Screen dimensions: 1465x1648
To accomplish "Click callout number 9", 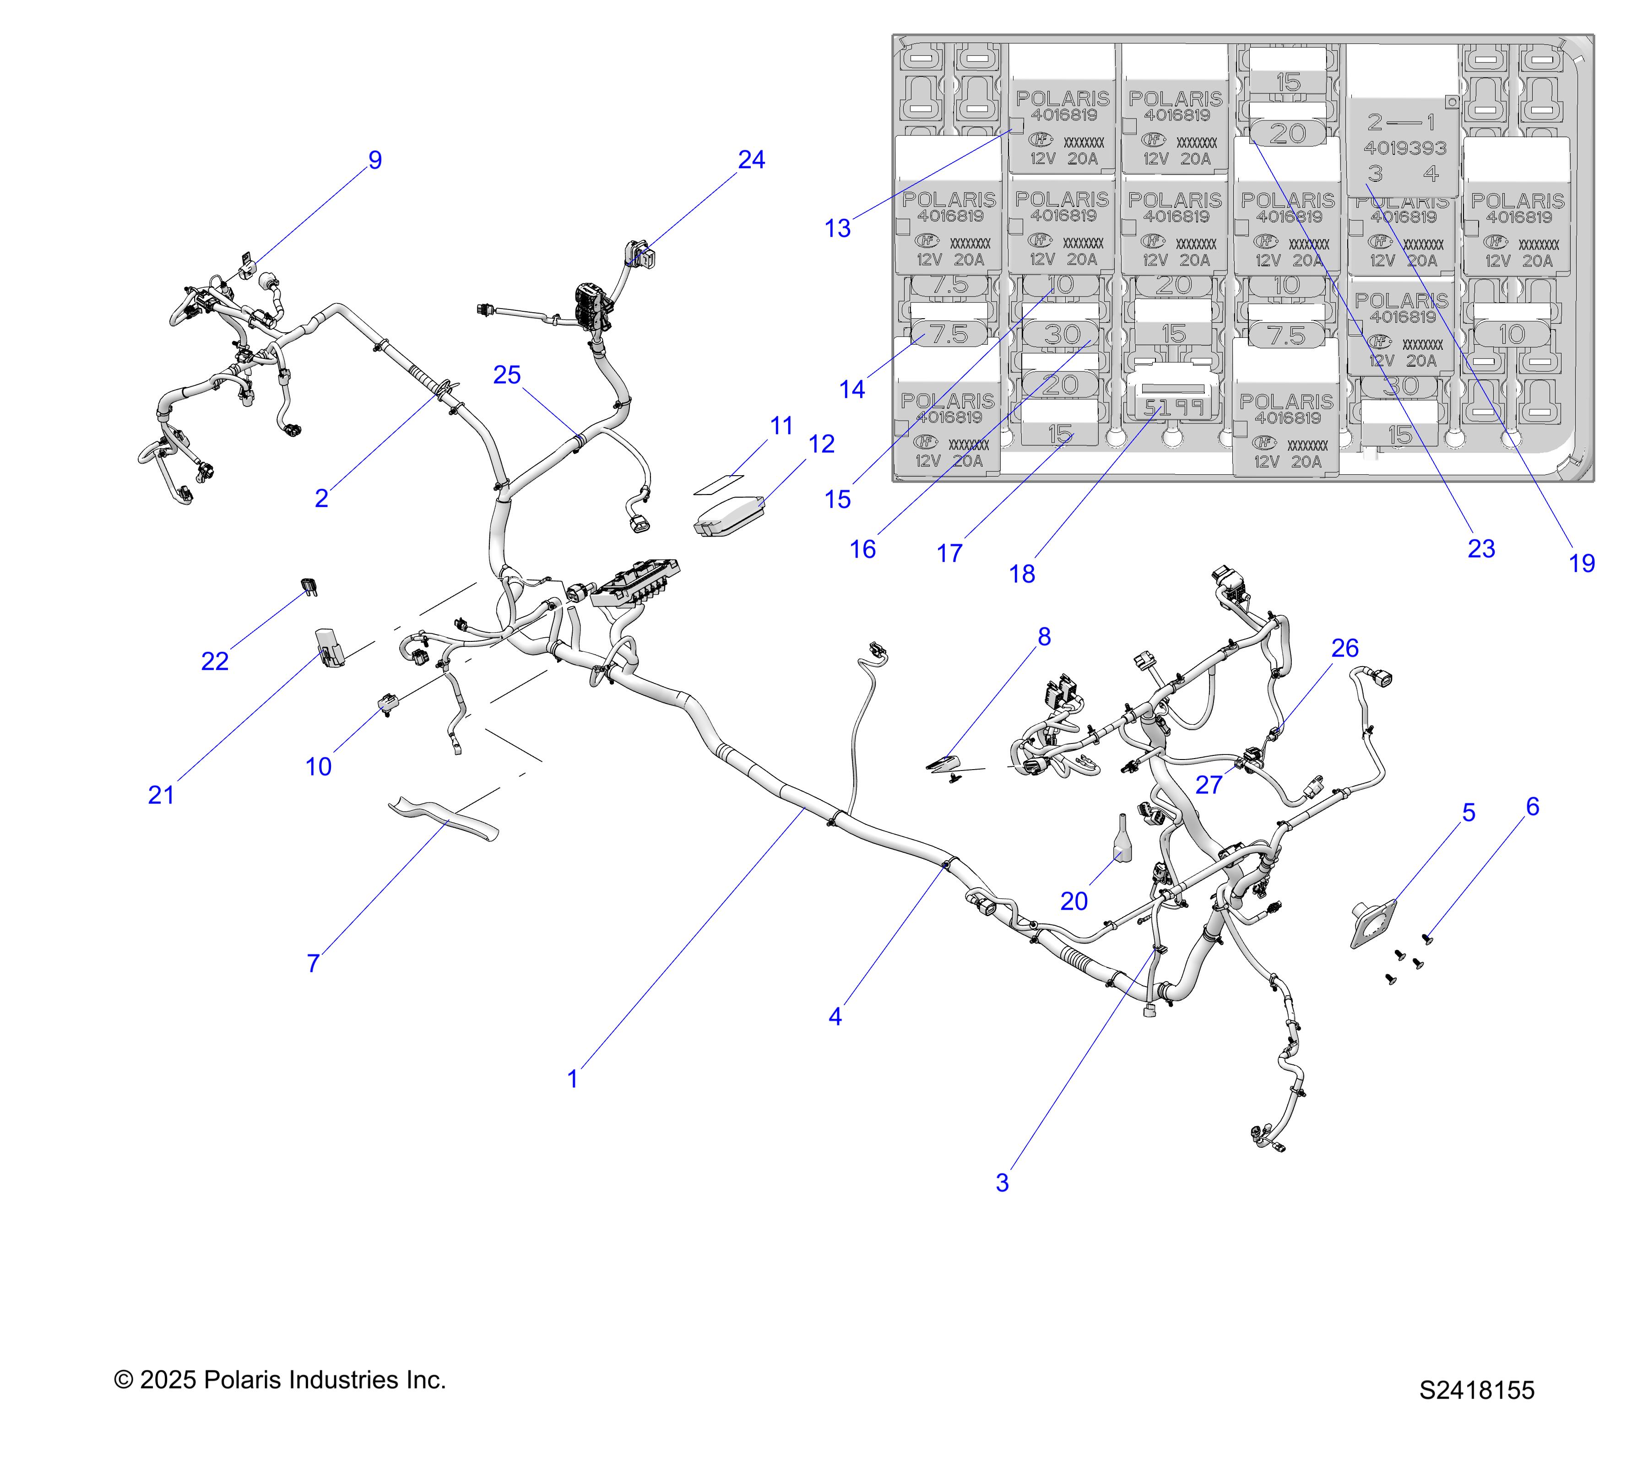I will pos(375,160).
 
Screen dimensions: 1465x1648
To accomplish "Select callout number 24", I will pos(751,160).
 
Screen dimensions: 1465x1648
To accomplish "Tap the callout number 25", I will pos(507,375).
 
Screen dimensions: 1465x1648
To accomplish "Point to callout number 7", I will pos(314,963).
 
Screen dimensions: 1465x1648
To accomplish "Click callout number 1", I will pos(572,1079).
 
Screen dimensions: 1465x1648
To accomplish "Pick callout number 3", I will pos(1002,1183).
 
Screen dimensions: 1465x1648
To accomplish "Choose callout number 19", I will pos(1582,563).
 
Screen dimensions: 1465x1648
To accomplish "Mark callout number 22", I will pos(214,661).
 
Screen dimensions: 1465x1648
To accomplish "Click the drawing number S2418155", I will pos(1477,1390).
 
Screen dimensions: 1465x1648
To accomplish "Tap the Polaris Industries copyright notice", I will pos(280,1379).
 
